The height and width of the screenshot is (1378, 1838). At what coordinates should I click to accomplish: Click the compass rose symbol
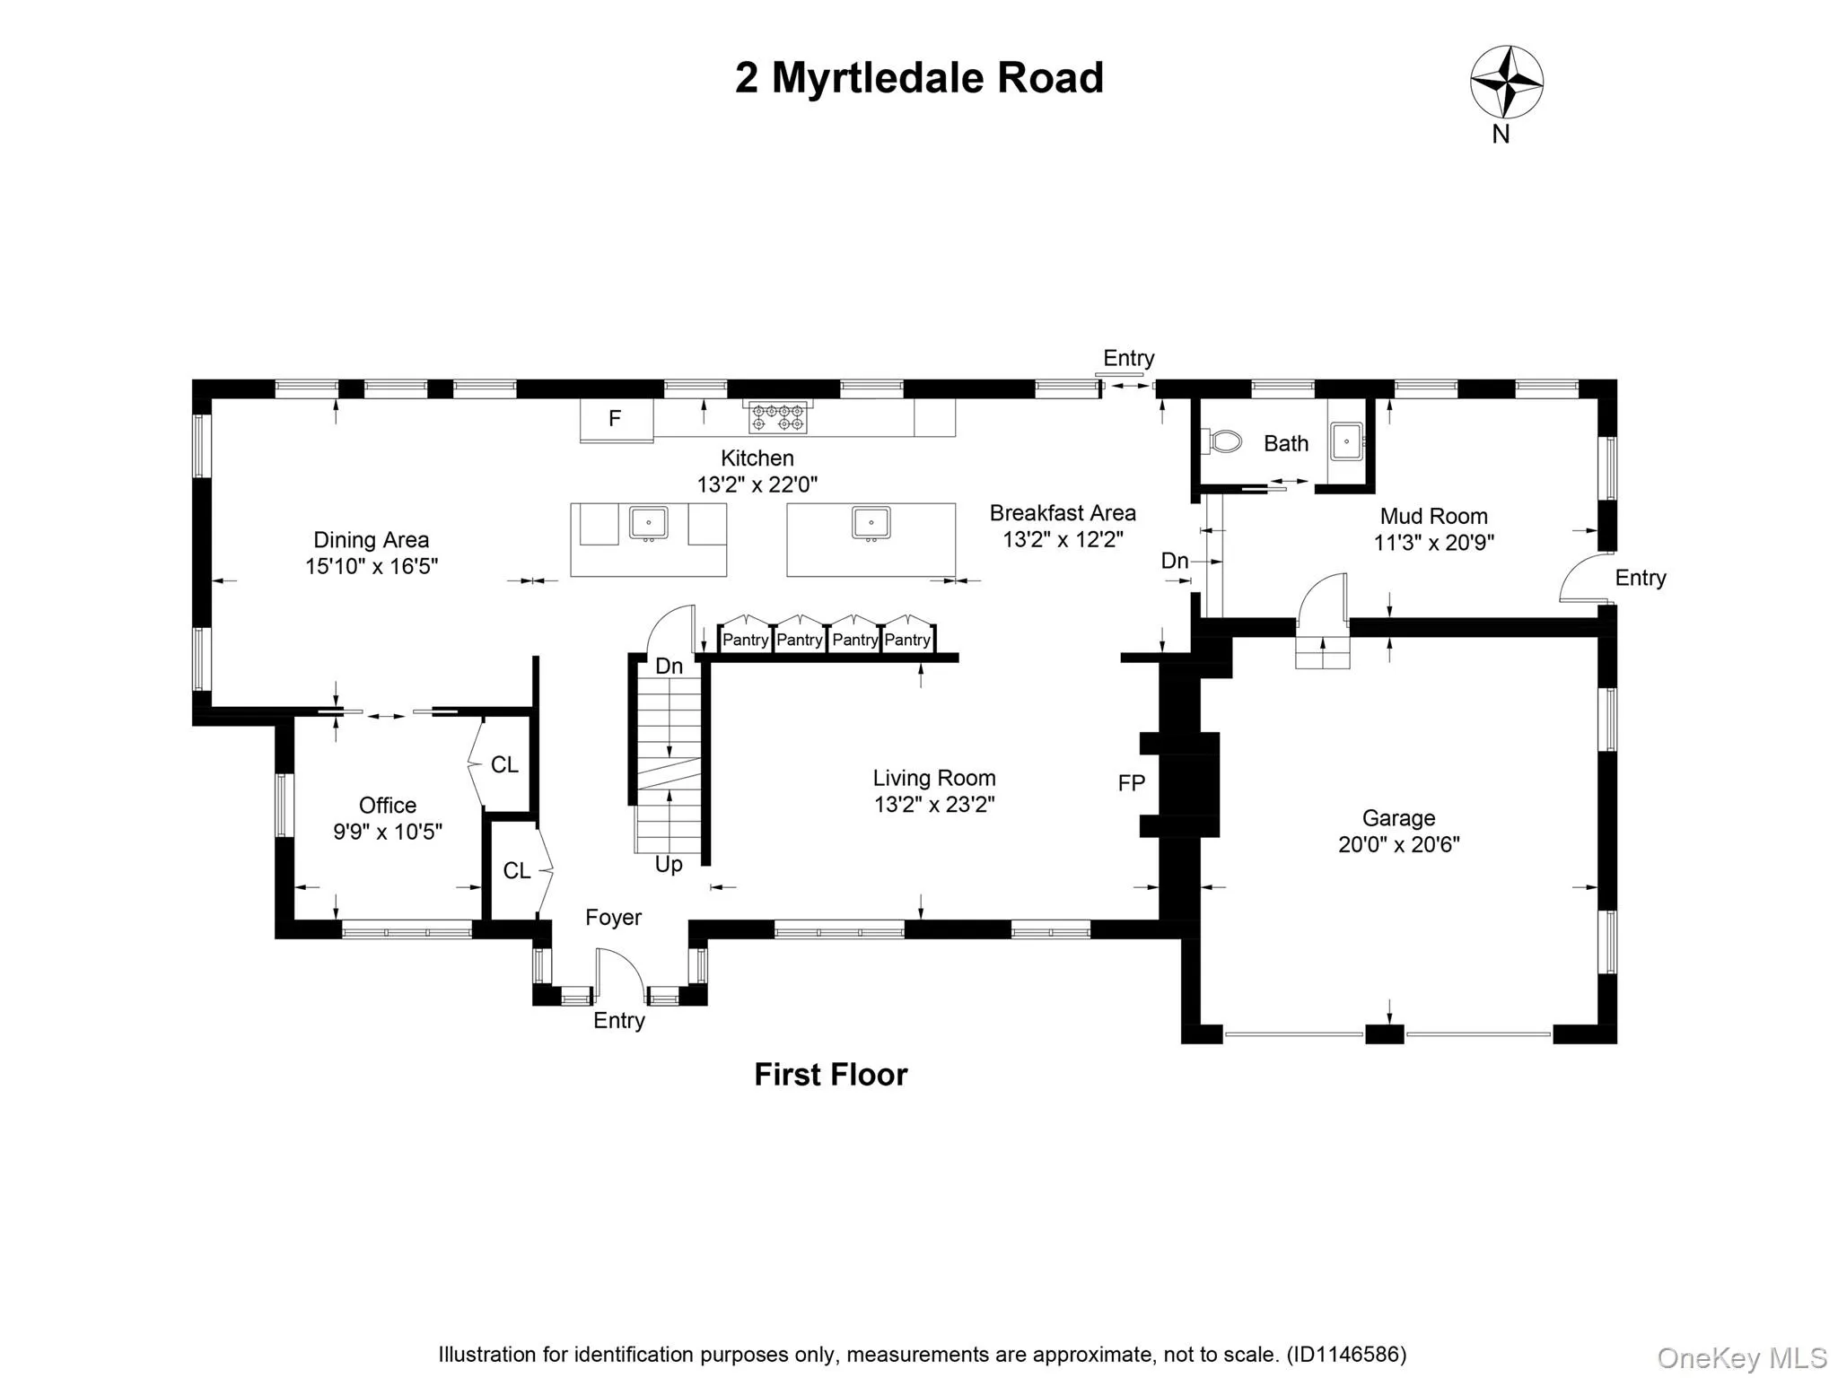pos(1506,82)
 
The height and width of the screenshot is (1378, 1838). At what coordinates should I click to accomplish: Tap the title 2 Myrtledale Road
pos(919,78)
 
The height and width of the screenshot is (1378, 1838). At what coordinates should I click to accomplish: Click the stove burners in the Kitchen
pos(777,417)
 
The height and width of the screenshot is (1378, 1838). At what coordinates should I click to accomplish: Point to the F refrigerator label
pos(615,418)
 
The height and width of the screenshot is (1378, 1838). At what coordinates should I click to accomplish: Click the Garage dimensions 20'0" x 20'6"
pos(1398,844)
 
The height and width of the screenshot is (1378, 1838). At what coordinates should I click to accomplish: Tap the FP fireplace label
pos(1131,783)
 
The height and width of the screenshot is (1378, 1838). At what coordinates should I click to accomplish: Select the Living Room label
pos(933,778)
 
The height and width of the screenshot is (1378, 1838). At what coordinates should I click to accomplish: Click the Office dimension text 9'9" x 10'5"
pos(387,832)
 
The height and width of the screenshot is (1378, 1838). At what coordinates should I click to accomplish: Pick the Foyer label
pos(613,917)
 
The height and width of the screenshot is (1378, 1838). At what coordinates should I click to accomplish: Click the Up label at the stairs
pos(669,864)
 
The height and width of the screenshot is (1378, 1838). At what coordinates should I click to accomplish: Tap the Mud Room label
pos(1433,516)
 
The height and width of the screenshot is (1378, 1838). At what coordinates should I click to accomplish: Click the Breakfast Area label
pos(1063,513)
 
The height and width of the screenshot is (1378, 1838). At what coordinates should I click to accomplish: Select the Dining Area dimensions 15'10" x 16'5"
pos(371,566)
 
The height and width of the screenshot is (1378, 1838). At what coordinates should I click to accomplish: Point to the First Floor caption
pos(830,1075)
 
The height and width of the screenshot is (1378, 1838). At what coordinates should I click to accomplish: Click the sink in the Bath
pos(1346,441)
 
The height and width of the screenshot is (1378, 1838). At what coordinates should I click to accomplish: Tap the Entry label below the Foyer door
pos(618,1020)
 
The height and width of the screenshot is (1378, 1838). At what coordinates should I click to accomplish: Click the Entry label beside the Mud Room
pos(1640,578)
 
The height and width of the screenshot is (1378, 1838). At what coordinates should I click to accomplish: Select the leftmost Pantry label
pos(745,640)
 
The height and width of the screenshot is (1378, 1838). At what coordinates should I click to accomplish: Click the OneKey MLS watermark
pos(1741,1358)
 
